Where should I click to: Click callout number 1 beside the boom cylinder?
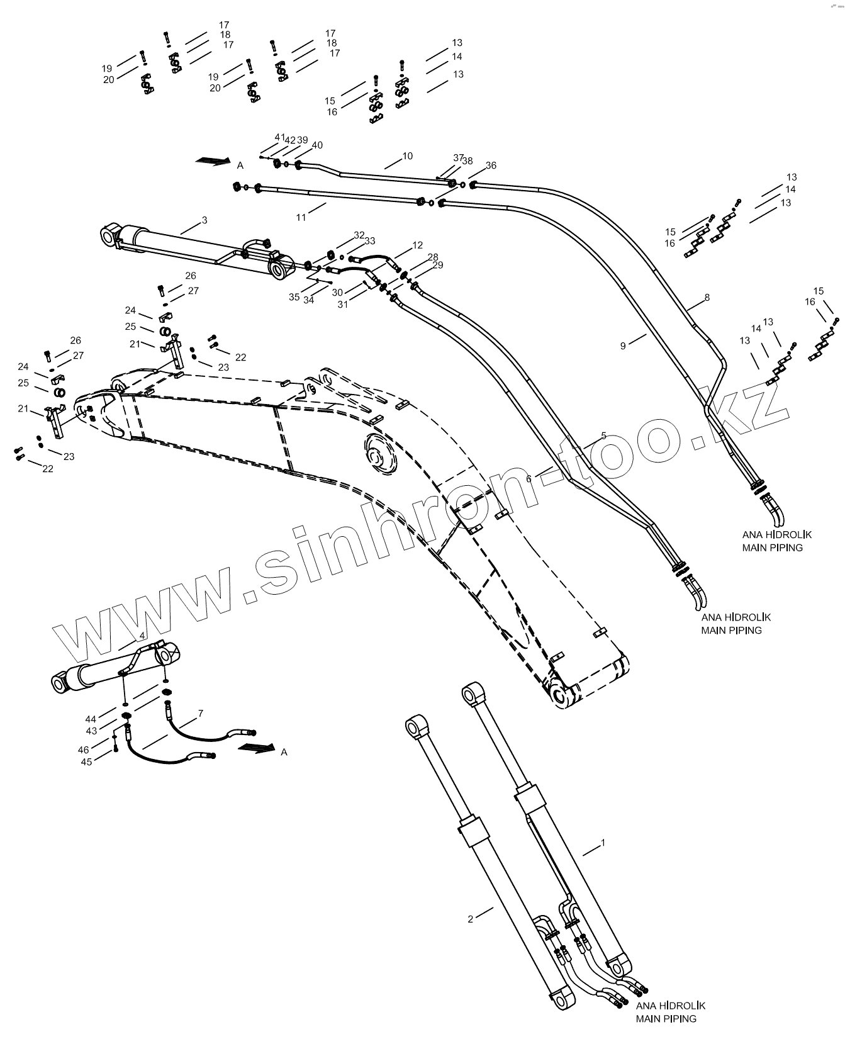[x=603, y=842]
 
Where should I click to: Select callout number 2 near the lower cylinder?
[x=470, y=919]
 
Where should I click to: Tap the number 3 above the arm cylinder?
[x=204, y=220]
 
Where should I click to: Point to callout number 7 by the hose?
[x=200, y=713]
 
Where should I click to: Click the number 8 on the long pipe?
[x=707, y=297]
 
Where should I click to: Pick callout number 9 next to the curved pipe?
[x=623, y=345]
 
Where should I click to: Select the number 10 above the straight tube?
[x=408, y=156]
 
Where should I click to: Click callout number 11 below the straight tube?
[x=301, y=217]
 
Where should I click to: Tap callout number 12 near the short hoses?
[x=418, y=245]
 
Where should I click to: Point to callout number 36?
[x=491, y=166]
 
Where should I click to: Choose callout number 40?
[x=317, y=145]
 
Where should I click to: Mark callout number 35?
[x=294, y=297]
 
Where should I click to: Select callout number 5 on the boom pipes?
[x=603, y=435]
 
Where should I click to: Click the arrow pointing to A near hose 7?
[x=256, y=748]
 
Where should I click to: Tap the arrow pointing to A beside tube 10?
[x=212, y=161]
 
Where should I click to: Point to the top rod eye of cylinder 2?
[x=416, y=727]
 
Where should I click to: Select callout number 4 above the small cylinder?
[x=142, y=635]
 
